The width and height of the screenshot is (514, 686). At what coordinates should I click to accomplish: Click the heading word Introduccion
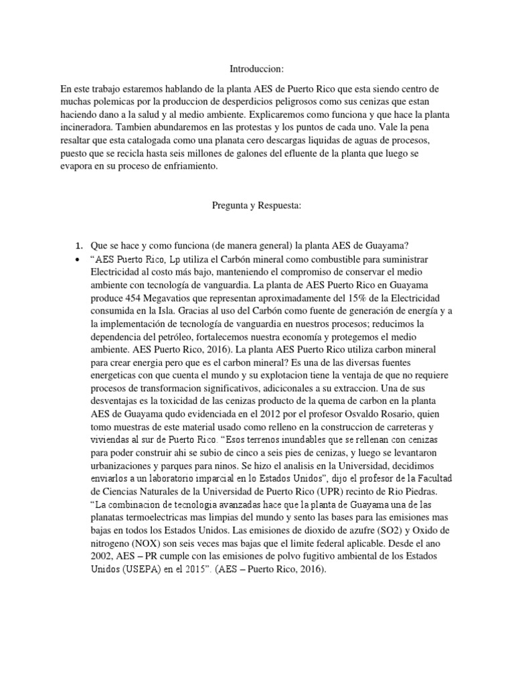point(257,68)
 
